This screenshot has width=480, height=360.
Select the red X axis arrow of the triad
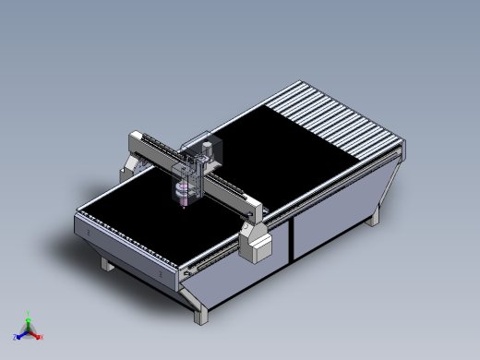point(39,336)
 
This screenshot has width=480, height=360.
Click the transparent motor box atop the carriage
point(210,149)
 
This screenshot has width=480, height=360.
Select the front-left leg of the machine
point(108,266)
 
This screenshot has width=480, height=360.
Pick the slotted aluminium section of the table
point(342,120)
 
